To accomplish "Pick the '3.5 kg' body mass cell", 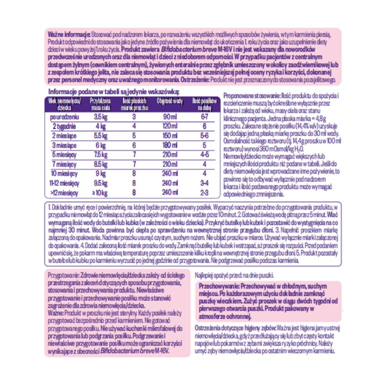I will (x=99, y=117).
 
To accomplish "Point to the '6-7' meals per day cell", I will (x=204, y=117).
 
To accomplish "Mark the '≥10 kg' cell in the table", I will (x=100, y=192).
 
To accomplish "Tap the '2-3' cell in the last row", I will (x=204, y=192).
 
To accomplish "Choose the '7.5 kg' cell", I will (x=99, y=155).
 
